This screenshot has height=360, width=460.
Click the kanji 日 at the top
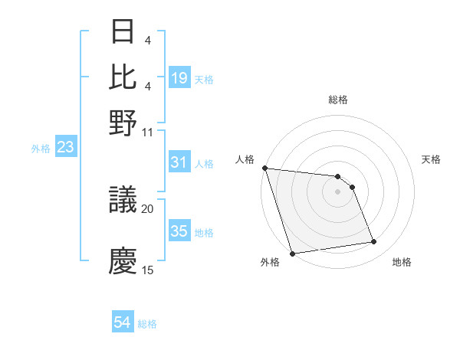[x=123, y=32]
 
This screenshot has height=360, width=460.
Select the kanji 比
[x=123, y=77]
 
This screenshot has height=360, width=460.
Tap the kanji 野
[x=123, y=123]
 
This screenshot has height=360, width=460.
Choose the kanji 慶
[x=123, y=260]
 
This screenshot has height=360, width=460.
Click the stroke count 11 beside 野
[x=148, y=132]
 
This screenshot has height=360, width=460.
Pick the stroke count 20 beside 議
[x=148, y=208]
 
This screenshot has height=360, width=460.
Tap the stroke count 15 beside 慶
[x=148, y=270]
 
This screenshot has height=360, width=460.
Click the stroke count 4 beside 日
[x=148, y=40]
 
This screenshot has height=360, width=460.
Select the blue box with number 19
[x=179, y=78]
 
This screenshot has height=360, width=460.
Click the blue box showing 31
[x=179, y=162]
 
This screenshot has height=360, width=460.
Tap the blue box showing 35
[x=179, y=231]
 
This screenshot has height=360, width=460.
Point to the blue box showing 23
[x=65, y=147]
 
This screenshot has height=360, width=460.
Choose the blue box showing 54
[x=123, y=323]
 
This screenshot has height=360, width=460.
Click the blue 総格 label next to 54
[x=148, y=324]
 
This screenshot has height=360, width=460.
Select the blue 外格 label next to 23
[x=40, y=148]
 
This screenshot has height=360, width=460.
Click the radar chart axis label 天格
[x=431, y=159]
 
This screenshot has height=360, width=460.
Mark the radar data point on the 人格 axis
[x=264, y=168]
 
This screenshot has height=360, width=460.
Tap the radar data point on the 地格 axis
[x=374, y=242]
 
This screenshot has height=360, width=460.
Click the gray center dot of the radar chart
[x=337, y=191]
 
